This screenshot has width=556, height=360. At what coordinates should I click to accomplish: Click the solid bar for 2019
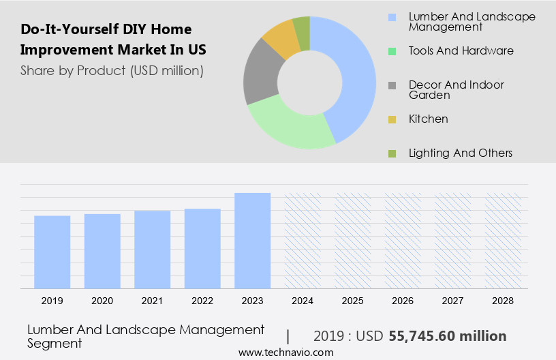point(52,252)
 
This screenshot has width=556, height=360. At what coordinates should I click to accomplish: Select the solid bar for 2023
point(252,240)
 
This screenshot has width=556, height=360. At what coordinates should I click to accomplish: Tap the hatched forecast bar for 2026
point(403,240)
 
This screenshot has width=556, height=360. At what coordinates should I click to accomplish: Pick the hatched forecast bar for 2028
point(503,240)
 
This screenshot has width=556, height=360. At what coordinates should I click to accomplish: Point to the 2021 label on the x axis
point(152,300)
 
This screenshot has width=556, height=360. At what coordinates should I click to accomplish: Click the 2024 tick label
point(303,300)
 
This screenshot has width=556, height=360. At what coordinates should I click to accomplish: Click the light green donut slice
point(286,126)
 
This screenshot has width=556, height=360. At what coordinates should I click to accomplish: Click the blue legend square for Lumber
point(392,17)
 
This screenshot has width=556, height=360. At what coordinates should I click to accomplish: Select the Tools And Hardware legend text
point(461,50)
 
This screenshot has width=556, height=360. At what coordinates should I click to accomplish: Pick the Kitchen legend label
point(429,119)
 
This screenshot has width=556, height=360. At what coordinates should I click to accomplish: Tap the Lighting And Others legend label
point(461,153)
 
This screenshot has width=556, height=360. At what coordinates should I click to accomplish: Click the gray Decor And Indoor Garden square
point(392,85)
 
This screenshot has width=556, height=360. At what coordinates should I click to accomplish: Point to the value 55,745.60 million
point(447,336)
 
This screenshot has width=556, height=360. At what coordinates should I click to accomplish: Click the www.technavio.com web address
point(286,352)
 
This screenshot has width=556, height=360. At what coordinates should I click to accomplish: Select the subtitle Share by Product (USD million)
point(112,70)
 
